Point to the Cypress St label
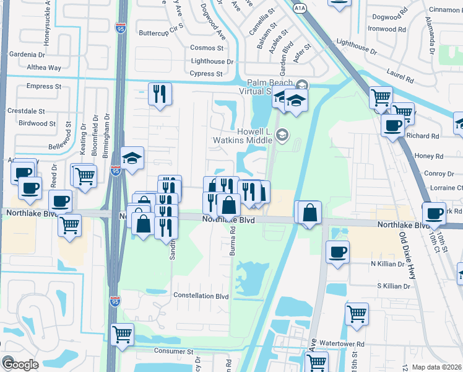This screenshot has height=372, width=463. pyautogui.click(x=207, y=74)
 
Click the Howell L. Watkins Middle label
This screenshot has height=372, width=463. pyautogui.click(x=255, y=135)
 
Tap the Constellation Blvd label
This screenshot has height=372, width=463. pyautogui.click(x=201, y=296)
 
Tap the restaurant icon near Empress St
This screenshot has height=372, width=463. pyautogui.click(x=160, y=94)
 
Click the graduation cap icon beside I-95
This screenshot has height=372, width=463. pyautogui.click(x=132, y=158)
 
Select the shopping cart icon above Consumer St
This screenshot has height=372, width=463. pyautogui.click(x=122, y=334)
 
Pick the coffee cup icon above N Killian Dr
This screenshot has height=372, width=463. pyautogui.click(x=338, y=252)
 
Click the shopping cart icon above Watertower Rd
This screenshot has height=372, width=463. pyautogui.click(x=357, y=314)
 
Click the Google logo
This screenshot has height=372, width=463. pyautogui.click(x=21, y=365)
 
